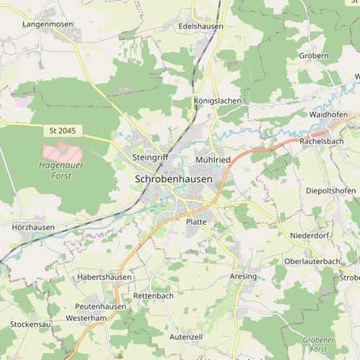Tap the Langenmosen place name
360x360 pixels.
pyautogui.click(x=48, y=24)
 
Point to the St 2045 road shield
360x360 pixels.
pyautogui.click(x=63, y=131)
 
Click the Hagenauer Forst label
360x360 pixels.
pyautogui.click(x=55, y=171)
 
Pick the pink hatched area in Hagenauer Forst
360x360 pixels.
pyautogui.click(x=62, y=152)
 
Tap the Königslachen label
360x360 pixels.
pyautogui.click(x=217, y=101)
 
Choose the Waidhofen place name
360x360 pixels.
pyautogui.click(x=328, y=114)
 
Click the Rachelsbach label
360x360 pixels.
pyautogui.click(x=321, y=141)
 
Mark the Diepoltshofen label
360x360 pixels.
pyautogui.click(x=330, y=190)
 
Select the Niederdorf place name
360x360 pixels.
pyautogui.click(x=309, y=235)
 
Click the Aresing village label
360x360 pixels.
pyautogui.click(x=243, y=276)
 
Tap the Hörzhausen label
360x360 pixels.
pyautogui.click(x=33, y=227)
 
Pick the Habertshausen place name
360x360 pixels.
pyautogui.click(x=104, y=276)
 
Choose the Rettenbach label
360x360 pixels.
pyautogui.click(x=153, y=295)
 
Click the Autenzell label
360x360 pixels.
pyautogui.click(x=186, y=336)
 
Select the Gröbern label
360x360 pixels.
pyautogui.click(x=314, y=55)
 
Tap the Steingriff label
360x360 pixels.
pyautogui.click(x=150, y=156)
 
